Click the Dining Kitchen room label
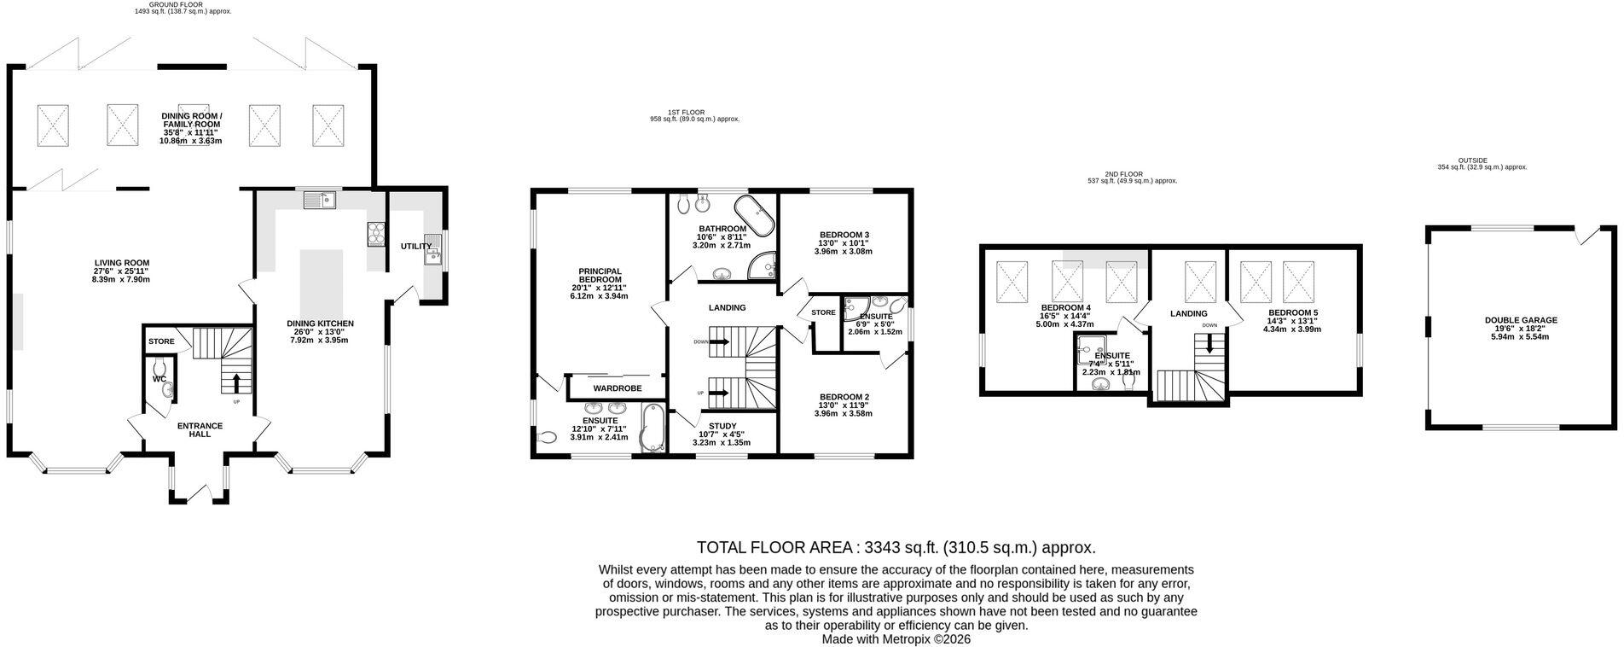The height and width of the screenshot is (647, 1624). pos(320,323)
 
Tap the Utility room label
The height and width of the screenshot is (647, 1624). pos(416,247)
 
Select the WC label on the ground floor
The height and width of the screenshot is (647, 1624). pos(159,379)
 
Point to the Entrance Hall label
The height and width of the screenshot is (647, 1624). pos(200,429)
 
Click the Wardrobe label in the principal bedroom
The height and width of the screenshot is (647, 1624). pos(618,388)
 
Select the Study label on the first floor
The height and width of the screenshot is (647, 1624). pos(722,426)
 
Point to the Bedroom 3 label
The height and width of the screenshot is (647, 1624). pos(844,235)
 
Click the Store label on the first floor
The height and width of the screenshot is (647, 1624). pos(823,312)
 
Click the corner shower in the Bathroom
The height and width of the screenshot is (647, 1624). pos(763,266)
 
